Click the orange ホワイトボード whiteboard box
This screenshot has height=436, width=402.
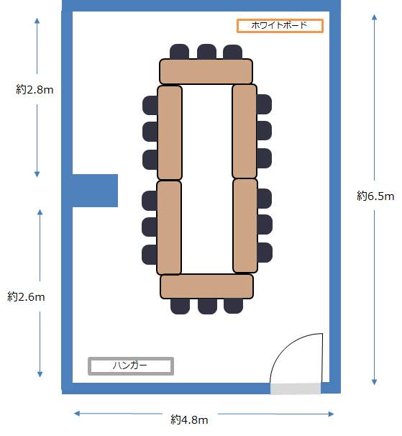coord(280,26)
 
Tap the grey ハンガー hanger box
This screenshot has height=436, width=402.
coord(131,366)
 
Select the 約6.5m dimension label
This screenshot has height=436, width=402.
coord(375,196)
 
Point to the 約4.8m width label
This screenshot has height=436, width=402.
coord(189,419)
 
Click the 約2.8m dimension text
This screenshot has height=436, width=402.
coord(35,89)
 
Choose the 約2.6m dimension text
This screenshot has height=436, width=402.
coord(26,296)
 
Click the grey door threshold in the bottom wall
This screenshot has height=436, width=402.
coord(296,389)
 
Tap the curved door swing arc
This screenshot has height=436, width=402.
coord(286,345)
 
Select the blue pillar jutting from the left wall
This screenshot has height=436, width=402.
coord(95,191)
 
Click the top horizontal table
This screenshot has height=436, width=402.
coord(206,71)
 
